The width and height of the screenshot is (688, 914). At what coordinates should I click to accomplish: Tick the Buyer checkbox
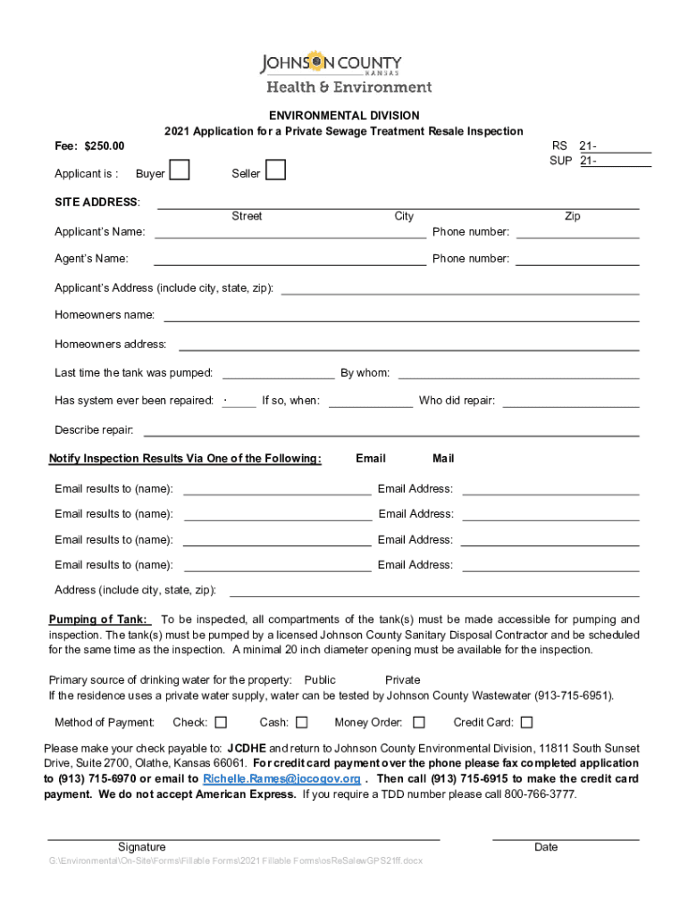coord(180,170)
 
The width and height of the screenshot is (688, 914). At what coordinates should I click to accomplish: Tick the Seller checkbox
coord(276,170)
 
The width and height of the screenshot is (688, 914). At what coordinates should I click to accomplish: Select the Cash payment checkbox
coord(302,722)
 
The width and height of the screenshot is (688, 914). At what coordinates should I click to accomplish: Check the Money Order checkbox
coord(418,722)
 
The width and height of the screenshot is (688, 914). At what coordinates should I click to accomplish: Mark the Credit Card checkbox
coord(526,722)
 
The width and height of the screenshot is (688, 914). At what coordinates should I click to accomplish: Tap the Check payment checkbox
coord(221,722)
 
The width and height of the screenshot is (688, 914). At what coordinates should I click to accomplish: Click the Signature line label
coord(141,847)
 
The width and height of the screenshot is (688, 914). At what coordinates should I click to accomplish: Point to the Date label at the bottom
coord(546,847)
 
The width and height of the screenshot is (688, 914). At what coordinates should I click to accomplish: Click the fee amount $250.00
coord(104,145)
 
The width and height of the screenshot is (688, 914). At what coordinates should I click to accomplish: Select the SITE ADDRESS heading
coord(97,202)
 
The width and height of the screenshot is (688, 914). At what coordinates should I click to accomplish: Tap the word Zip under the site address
coord(573,216)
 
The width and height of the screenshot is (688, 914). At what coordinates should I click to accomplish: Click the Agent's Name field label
coord(91,259)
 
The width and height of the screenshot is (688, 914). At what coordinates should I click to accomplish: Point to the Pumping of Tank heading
coord(98,619)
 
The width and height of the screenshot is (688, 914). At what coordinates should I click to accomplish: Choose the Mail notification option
coord(443,459)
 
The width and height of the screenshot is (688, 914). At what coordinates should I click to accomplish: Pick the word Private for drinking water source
coord(403,680)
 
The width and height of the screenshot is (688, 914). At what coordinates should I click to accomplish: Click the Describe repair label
coord(94,430)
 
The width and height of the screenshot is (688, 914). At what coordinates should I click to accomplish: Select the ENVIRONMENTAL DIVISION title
coord(344,116)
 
